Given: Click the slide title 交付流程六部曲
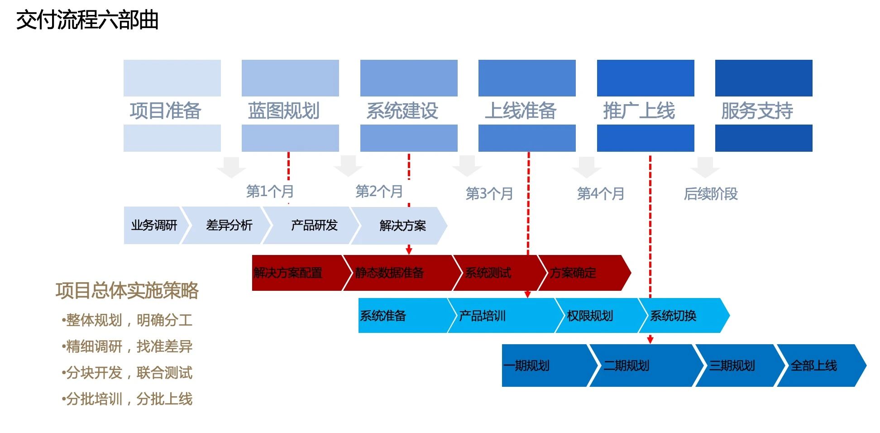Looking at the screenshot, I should [x=87, y=20].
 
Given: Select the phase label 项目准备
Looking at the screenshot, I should [x=165, y=111].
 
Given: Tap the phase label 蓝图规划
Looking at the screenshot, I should [x=284, y=111].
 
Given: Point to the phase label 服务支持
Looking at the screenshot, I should [x=757, y=111].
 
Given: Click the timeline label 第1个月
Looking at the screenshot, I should [x=270, y=191].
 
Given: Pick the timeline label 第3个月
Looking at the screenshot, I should [x=489, y=194].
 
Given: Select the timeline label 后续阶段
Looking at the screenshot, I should [x=711, y=194].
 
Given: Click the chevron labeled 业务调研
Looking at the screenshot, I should [x=154, y=226].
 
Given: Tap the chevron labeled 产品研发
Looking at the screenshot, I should [x=314, y=226].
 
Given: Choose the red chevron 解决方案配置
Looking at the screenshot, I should [x=288, y=273].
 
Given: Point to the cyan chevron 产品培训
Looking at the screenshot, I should [x=483, y=316].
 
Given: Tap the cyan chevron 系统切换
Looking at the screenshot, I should [x=674, y=316].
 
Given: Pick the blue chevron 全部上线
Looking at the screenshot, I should [x=813, y=366].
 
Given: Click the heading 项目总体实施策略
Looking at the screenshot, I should [x=127, y=290].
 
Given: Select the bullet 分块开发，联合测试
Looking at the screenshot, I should [x=128, y=373].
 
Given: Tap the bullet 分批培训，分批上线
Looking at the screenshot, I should [x=128, y=399].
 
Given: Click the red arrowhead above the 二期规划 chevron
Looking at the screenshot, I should [x=650, y=340].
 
